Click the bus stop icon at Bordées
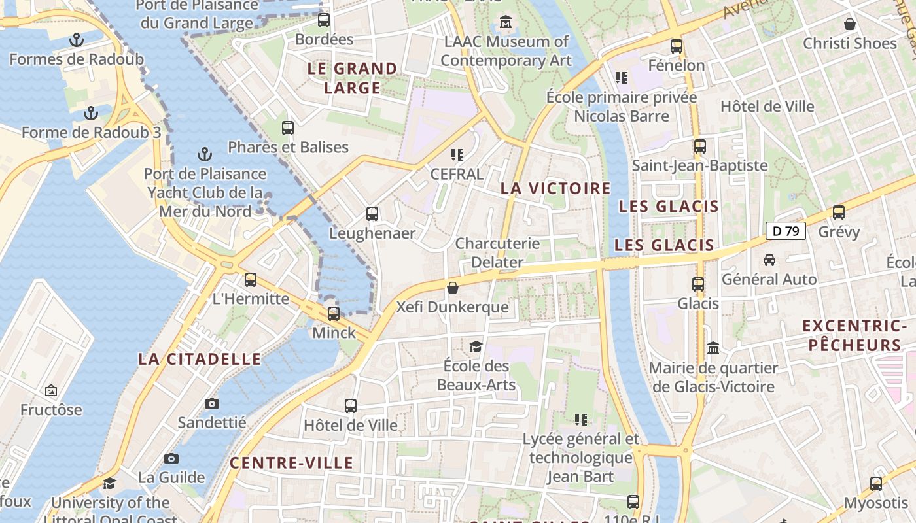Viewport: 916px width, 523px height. coord(324,20)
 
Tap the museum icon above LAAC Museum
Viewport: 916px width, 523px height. coord(506,23)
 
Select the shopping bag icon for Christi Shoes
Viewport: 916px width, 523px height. coord(849,25)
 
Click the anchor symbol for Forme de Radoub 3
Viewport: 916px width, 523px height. coord(91,114)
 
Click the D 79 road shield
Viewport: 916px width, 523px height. coord(785,231)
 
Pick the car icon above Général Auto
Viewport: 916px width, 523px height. coord(769,260)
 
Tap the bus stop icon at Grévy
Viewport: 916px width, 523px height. coord(839,212)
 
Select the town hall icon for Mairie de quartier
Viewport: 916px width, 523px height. coord(713,348)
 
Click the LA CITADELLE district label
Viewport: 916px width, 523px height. coord(200,359)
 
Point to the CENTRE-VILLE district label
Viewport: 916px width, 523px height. coord(291,464)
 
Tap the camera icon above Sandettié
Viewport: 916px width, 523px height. coord(212,403)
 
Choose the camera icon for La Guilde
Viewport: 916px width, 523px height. coord(171,458)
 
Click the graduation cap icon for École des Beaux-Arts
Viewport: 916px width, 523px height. coord(476,346)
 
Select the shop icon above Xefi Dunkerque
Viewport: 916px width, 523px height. coord(452,288)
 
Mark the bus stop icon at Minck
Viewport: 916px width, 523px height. coord(334,314)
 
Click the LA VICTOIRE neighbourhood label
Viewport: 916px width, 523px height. coord(555,189)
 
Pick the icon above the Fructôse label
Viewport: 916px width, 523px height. coord(51,391)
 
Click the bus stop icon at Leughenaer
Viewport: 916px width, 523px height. coord(372,214)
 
